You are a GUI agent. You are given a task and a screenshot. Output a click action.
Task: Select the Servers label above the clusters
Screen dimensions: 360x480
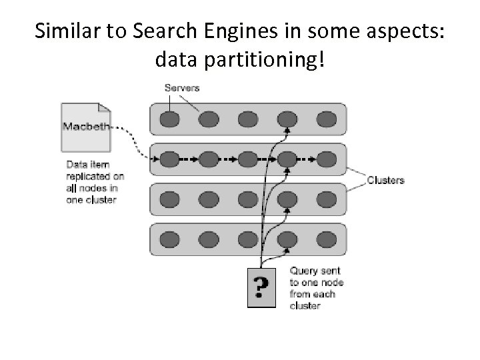[181, 88]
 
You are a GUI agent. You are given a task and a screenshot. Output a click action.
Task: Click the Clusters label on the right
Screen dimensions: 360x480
[385, 180]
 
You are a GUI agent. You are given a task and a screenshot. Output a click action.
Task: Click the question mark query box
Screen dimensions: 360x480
[261, 287]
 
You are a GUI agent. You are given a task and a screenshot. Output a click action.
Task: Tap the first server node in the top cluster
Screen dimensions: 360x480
[170, 119]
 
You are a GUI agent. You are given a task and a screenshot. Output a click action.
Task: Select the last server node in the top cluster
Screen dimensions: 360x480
[326, 119]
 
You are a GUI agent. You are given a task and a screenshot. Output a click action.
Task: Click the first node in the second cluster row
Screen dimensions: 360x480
[170, 159]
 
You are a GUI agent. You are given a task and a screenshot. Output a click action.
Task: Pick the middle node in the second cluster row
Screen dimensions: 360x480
[248, 159]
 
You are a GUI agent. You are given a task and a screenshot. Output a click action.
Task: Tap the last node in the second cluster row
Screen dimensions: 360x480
[326, 159]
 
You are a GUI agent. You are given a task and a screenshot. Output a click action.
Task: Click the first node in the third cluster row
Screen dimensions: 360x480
[170, 199]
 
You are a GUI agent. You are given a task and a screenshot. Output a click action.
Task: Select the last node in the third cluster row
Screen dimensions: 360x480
[326, 199]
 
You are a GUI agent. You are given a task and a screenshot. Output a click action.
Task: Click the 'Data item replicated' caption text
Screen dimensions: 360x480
[94, 182]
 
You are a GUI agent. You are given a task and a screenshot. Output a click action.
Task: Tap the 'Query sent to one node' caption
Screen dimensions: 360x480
[317, 288]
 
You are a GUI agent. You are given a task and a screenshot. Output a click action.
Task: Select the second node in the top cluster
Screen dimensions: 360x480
[209, 119]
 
